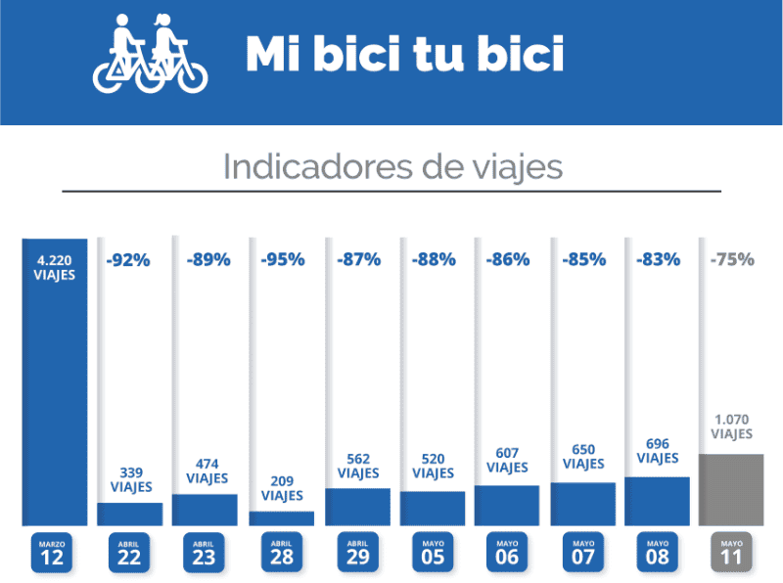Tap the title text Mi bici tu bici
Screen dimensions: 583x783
(x=404, y=55)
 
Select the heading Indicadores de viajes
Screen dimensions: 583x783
(x=392, y=166)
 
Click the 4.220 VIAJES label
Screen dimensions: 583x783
(x=55, y=267)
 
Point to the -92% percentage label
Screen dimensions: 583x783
(x=128, y=260)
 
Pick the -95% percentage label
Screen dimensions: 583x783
(x=282, y=260)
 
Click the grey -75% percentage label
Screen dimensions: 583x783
(x=732, y=260)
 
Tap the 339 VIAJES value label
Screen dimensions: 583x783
(x=130, y=479)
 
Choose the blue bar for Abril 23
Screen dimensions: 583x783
(x=205, y=510)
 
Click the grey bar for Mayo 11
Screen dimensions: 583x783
(x=732, y=489)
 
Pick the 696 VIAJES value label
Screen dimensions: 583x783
(x=658, y=451)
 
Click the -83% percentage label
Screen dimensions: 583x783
(x=658, y=260)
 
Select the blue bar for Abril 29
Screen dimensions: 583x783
(x=357, y=507)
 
